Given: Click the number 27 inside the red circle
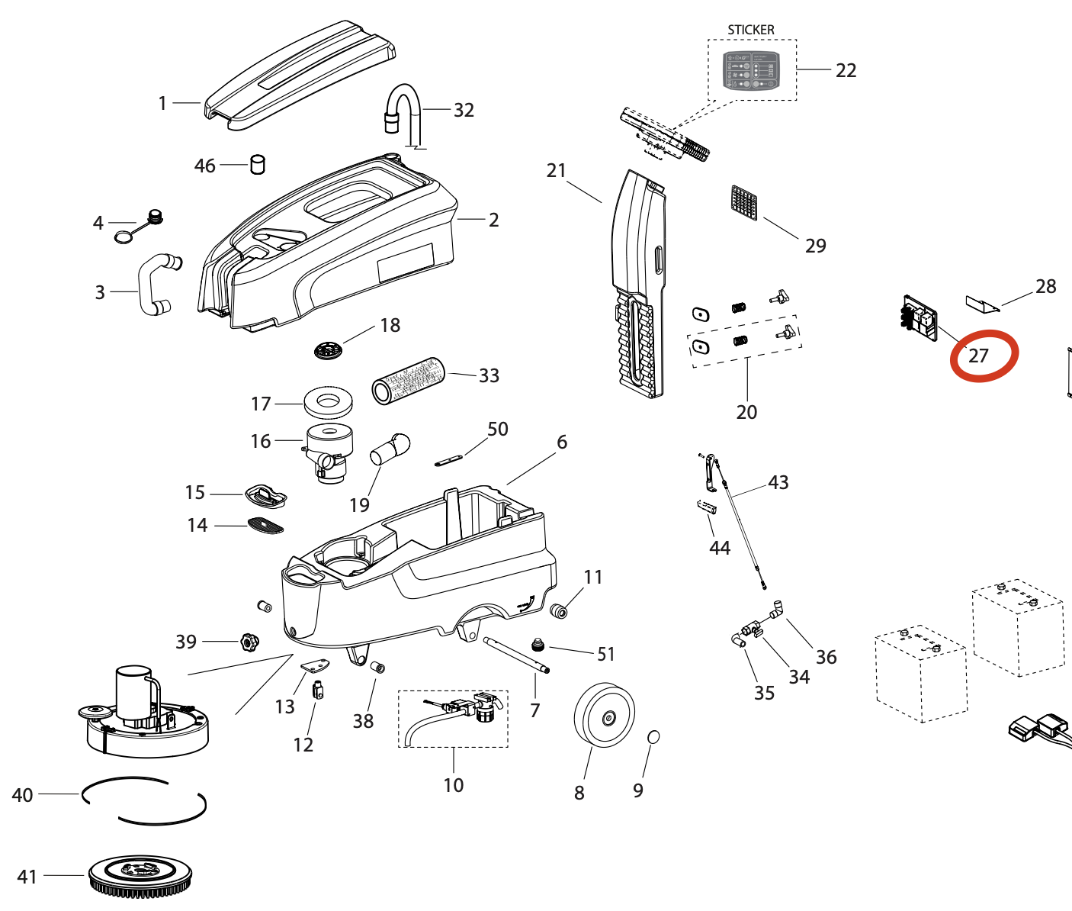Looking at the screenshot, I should coord(978,356).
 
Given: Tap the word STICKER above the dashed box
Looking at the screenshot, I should coord(750,30).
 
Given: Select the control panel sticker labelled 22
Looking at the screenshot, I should coord(751,71).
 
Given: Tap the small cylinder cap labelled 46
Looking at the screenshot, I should coord(258,164).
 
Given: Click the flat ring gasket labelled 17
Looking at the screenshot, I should coord(328,402).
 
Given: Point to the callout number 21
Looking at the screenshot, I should coord(556,170).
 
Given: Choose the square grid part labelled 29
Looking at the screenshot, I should coord(744,202).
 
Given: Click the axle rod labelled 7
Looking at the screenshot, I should coord(517,655).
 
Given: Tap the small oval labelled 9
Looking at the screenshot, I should coord(653,737).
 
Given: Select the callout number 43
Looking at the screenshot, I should coord(778,482).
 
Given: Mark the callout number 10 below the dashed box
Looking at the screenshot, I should coord(453,785).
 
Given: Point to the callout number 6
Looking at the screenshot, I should coord(562,442).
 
